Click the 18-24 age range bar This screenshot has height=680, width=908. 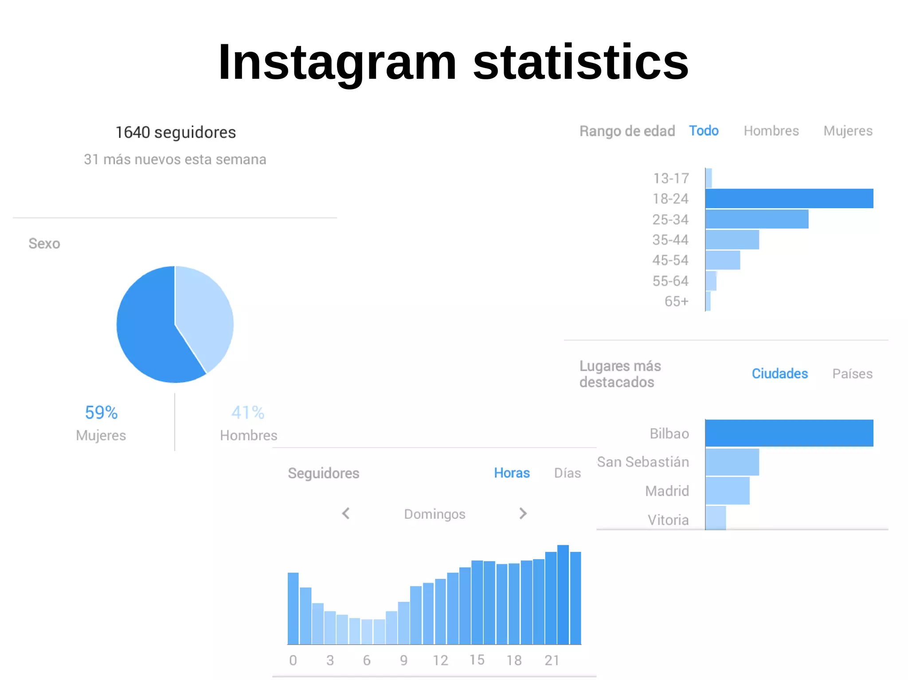(x=789, y=198)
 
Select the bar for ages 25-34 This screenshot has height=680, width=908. (x=757, y=219)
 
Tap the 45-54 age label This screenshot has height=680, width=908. (x=670, y=260)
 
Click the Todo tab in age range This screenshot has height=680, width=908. (x=704, y=131)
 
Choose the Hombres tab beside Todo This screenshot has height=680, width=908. (x=771, y=131)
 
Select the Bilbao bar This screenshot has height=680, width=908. (x=789, y=433)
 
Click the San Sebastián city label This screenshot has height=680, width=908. (x=643, y=462)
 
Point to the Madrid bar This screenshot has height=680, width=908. (x=728, y=491)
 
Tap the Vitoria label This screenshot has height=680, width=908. (x=668, y=520)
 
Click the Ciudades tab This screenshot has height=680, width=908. (x=780, y=373)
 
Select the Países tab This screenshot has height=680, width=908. (x=852, y=374)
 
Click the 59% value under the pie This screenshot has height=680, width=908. (x=101, y=413)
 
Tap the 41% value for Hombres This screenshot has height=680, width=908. (x=248, y=413)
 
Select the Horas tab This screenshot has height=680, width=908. (x=512, y=473)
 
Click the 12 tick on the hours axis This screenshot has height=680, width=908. (x=440, y=661)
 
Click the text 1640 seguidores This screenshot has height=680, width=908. (x=176, y=132)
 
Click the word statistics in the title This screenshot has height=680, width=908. (x=581, y=62)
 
